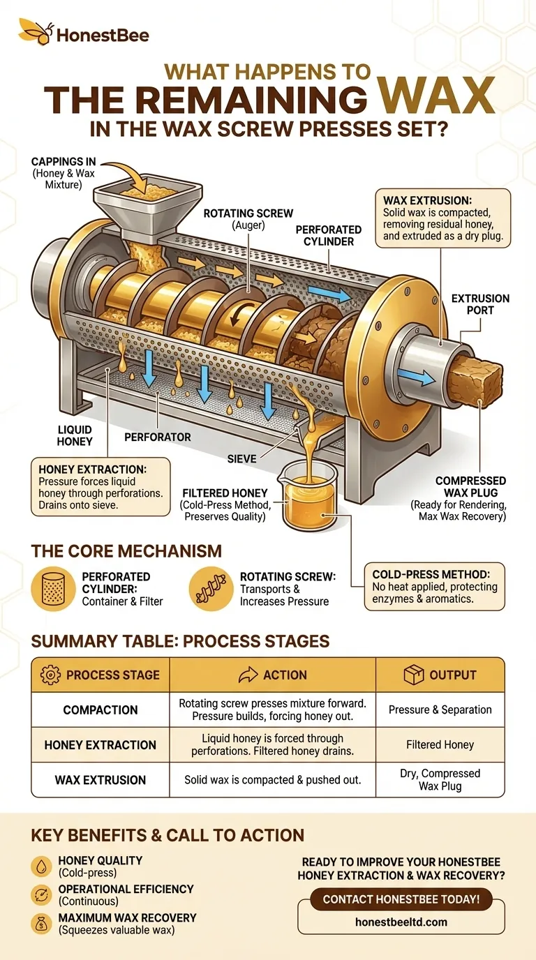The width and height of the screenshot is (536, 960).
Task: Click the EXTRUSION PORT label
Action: pos(480,304)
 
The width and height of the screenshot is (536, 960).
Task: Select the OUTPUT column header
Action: pos(440,675)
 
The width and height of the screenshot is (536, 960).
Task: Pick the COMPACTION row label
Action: pos(100,710)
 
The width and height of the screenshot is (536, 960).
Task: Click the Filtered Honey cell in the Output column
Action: pos(440,744)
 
